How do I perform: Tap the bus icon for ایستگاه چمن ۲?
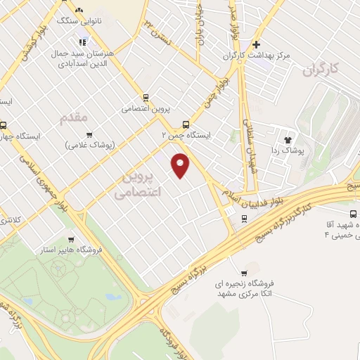(x=186, y=120)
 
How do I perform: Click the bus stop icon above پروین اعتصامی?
(x=146, y=98)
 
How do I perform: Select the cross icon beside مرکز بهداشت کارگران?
(x=257, y=44)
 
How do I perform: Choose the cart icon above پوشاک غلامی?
(x=89, y=134)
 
